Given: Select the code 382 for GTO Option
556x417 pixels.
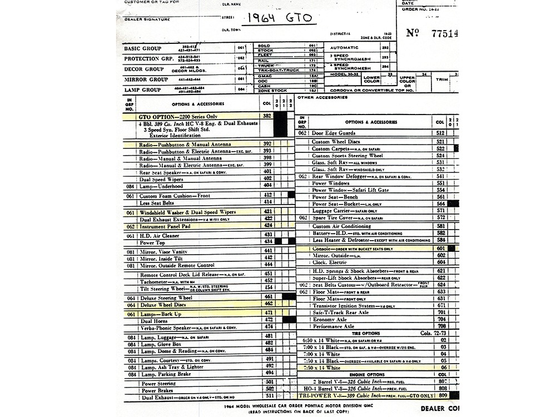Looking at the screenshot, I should pos(267,116).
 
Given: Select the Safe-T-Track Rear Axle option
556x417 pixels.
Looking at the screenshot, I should pos(340,312).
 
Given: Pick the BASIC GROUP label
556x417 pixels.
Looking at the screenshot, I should pos(142,48).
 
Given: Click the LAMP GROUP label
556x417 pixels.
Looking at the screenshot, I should pos(142,90).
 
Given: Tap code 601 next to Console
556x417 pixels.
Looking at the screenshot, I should pos(441,248).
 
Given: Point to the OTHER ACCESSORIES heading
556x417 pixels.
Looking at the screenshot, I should pos(322,98).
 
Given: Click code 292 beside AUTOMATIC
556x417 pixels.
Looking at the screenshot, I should pos(384,48).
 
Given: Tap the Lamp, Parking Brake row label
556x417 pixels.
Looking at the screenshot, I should pos(167,374).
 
